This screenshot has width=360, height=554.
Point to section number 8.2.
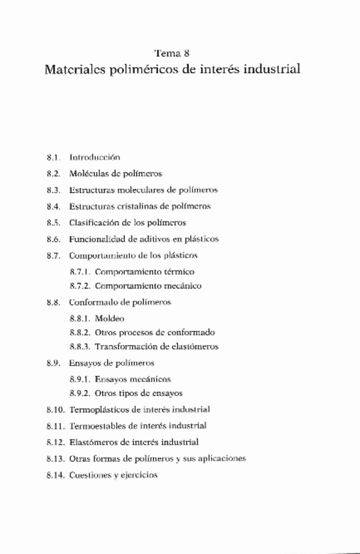pos(54,174)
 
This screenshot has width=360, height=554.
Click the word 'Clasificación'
pos(95,222)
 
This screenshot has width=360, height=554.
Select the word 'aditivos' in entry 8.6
pos(161,238)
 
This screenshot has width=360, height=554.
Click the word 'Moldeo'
pos(109,318)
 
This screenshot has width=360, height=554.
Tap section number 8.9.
pos(54,363)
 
